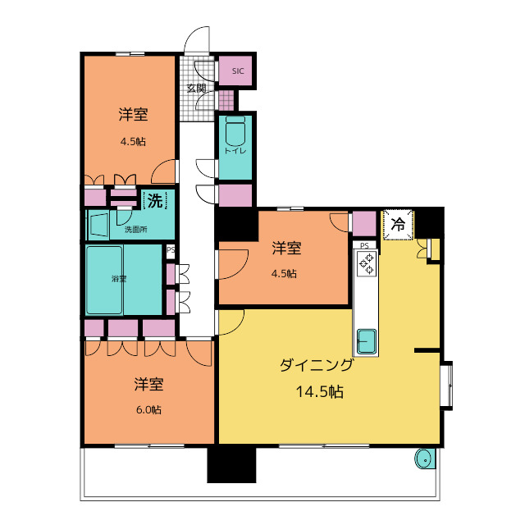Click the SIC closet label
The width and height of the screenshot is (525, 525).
[x=238, y=71]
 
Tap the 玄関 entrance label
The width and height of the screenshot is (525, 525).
[x=196, y=89]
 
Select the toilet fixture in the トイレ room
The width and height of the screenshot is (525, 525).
[x=235, y=130]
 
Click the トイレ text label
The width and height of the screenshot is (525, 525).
[x=235, y=151]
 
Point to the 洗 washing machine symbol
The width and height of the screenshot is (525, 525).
[x=154, y=199]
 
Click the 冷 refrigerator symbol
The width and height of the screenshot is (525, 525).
[x=399, y=223]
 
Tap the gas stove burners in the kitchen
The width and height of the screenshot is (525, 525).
[x=366, y=262]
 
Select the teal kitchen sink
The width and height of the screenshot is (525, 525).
[x=366, y=339]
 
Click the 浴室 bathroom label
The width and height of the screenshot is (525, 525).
[x=120, y=278]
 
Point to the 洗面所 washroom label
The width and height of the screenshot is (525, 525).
[x=136, y=230]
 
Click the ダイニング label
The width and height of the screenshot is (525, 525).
[x=317, y=367]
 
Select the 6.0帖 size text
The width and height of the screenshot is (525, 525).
[x=148, y=409]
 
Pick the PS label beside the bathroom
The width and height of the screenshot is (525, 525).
[x=170, y=250]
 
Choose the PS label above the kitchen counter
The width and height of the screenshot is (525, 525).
[x=364, y=244]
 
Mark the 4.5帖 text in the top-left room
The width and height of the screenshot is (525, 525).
[x=133, y=141]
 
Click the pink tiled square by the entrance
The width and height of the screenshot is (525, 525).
[x=226, y=100]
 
